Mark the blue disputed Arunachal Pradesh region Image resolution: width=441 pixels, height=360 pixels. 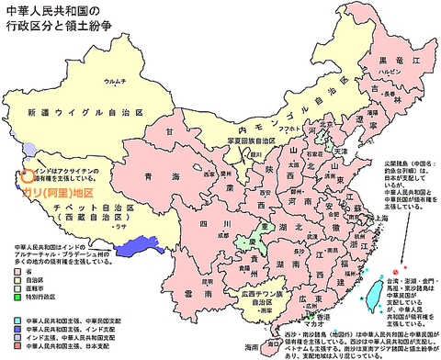click(x=135, y=243)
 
